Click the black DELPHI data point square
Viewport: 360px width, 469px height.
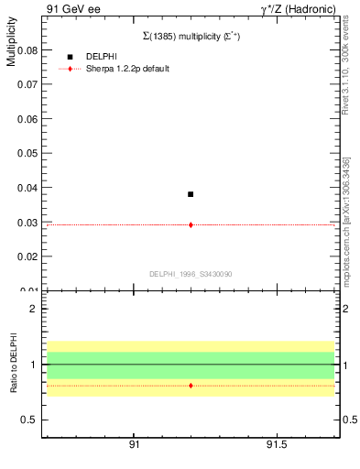coord(191,194)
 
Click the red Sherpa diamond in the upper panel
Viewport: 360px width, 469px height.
coord(191,224)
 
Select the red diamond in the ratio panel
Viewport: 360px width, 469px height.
coord(191,386)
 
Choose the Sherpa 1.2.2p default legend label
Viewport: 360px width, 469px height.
coord(127,69)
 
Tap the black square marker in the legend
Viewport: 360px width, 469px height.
coord(70,57)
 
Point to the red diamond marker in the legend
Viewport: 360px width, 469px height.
coord(70,69)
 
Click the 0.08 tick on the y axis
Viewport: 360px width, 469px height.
coord(28,50)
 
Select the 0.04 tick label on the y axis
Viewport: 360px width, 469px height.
coord(28,188)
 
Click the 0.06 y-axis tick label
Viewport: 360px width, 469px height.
coord(28,119)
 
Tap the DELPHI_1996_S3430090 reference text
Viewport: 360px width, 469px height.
coord(191,274)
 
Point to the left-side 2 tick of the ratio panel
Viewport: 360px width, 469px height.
coord(33,309)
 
